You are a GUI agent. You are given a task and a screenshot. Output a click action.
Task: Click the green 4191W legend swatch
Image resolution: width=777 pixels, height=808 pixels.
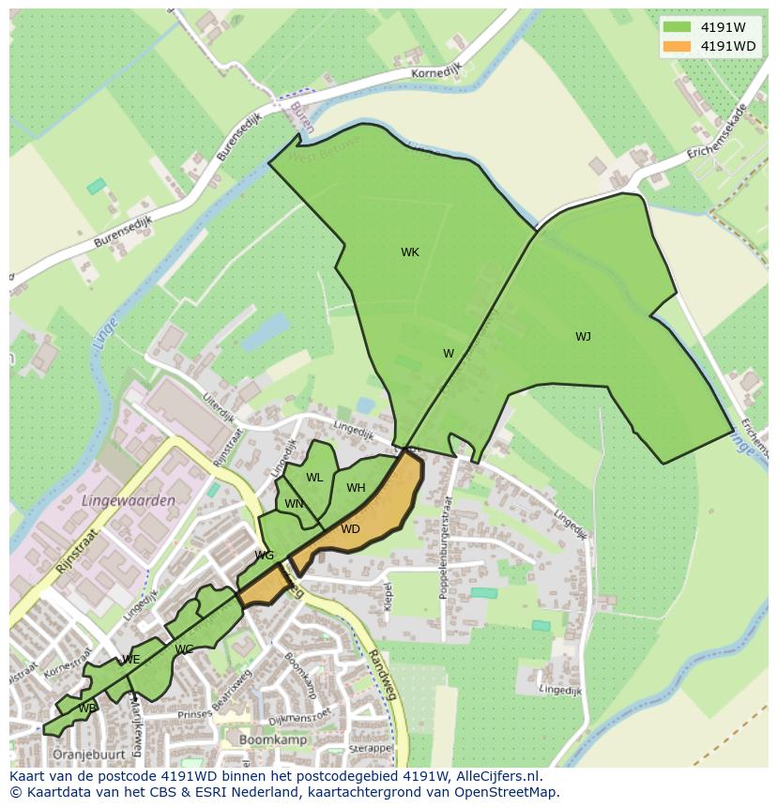[676, 26]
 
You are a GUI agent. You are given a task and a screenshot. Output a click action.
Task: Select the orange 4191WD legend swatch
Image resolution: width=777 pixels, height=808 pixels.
[676, 46]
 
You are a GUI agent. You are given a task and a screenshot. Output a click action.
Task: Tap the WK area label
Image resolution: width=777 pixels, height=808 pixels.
[410, 252]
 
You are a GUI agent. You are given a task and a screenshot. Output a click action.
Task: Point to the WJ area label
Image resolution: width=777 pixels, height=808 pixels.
[583, 337]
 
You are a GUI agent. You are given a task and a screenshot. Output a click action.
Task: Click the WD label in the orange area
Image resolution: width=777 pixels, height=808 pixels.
[350, 529]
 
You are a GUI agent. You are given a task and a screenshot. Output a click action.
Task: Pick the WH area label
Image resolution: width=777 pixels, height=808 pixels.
[356, 488]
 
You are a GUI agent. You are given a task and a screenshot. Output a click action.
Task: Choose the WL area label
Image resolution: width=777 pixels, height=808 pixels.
[314, 478]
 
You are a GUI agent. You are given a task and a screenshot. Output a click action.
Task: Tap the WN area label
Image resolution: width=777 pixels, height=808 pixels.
[294, 504]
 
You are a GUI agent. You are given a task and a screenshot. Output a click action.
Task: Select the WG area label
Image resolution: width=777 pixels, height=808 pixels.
[265, 556]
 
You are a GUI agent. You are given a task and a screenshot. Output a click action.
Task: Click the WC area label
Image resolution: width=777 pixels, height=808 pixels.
[184, 649]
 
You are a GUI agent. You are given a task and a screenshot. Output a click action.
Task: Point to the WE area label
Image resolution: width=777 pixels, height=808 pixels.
[131, 660]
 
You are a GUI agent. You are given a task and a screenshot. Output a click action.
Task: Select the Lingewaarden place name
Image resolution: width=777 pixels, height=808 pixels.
[129, 501]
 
